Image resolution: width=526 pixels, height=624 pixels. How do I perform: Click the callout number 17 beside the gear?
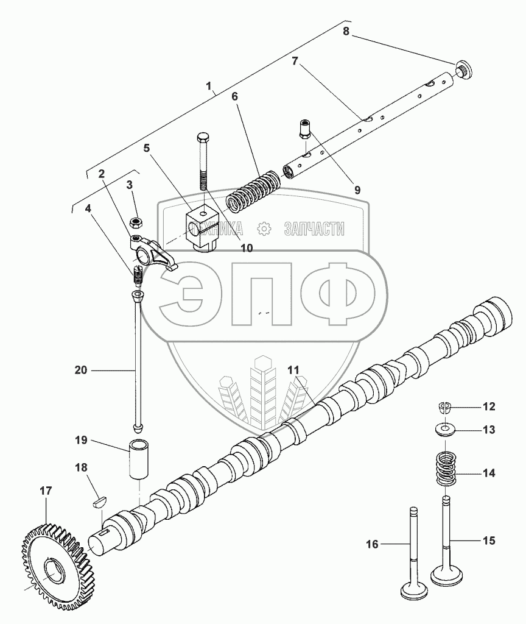pyautogui.click(x=46, y=490)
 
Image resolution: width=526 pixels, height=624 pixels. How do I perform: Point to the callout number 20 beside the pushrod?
pyautogui.click(x=81, y=369)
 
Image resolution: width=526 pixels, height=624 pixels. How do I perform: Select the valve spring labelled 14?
pyautogui.click(x=446, y=469)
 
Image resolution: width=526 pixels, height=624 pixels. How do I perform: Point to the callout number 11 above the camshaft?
pyautogui.click(x=294, y=370)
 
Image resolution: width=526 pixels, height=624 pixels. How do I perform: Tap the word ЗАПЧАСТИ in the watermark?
pyautogui.click(x=314, y=229)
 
